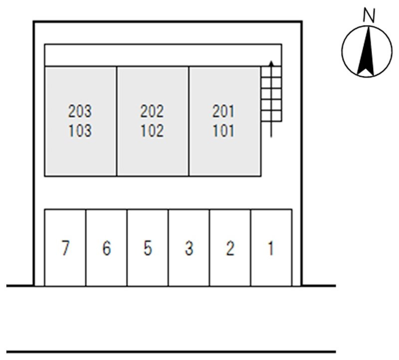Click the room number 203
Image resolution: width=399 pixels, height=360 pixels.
coord(80,111)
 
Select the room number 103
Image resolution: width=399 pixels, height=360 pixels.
coord(80,131)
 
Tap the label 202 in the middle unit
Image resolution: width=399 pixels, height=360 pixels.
coord(152,111)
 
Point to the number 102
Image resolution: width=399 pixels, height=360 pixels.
coord(152,131)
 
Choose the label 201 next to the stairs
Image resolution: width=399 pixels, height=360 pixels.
coord(223,111)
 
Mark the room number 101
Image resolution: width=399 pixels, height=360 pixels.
coord(223,131)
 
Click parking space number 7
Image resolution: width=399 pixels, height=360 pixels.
coord(65,248)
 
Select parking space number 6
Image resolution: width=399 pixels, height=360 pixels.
coord(107,248)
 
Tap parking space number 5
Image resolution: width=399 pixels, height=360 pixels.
coord(148,248)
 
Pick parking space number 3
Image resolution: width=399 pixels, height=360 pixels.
coord(189,248)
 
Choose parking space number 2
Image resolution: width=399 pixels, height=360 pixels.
coord(230,248)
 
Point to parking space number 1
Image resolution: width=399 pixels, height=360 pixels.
coord(271,248)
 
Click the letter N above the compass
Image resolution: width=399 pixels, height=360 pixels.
coord(369,15)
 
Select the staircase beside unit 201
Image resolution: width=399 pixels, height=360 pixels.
coord(271,94)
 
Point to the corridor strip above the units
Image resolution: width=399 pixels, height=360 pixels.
coord(163,55)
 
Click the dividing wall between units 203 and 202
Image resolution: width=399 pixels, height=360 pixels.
coord(117,121)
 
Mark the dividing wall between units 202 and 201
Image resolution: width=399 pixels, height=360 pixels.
coord(189,121)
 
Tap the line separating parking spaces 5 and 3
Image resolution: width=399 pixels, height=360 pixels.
coord(168,248)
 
